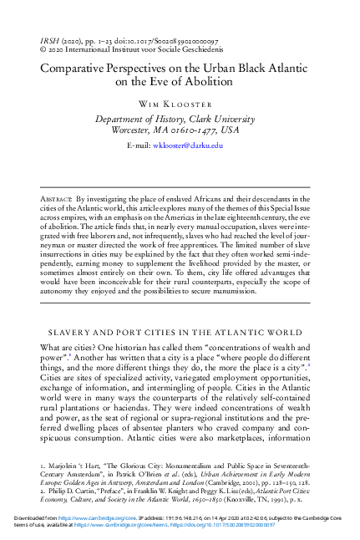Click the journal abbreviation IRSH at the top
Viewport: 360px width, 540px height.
50,40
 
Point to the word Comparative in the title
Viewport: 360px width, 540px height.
74,71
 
